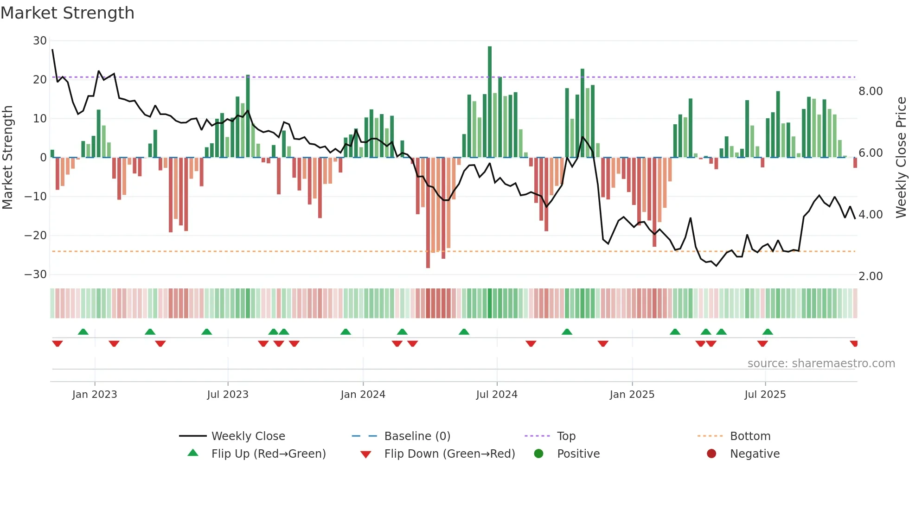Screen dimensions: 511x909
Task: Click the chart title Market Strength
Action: click(x=67, y=13)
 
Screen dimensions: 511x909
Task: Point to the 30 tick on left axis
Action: click(x=40, y=41)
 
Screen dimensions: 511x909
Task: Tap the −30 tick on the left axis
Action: click(x=36, y=275)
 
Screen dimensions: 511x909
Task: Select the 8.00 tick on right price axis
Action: click(x=871, y=91)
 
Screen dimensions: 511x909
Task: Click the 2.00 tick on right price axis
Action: click(x=871, y=276)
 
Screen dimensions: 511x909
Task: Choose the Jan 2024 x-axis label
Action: click(x=363, y=395)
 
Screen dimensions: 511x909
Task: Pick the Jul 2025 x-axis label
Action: click(x=765, y=395)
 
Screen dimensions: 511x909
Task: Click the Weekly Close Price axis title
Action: click(x=901, y=158)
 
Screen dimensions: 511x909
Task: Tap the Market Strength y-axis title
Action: click(x=7, y=158)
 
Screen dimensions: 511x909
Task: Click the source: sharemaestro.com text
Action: click(x=821, y=364)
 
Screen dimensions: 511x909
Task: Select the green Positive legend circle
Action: click(x=538, y=454)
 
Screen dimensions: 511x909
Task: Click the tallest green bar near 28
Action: click(x=490, y=102)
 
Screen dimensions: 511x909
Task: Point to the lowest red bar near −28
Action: click(x=428, y=213)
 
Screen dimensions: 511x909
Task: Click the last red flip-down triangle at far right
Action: click(x=854, y=344)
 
